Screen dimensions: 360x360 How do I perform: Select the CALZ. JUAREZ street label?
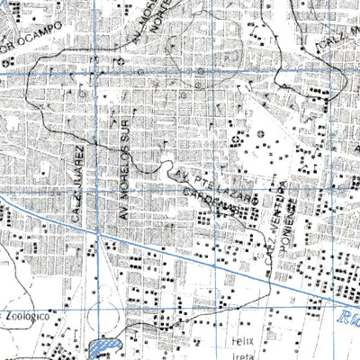[x=78, y=183]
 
